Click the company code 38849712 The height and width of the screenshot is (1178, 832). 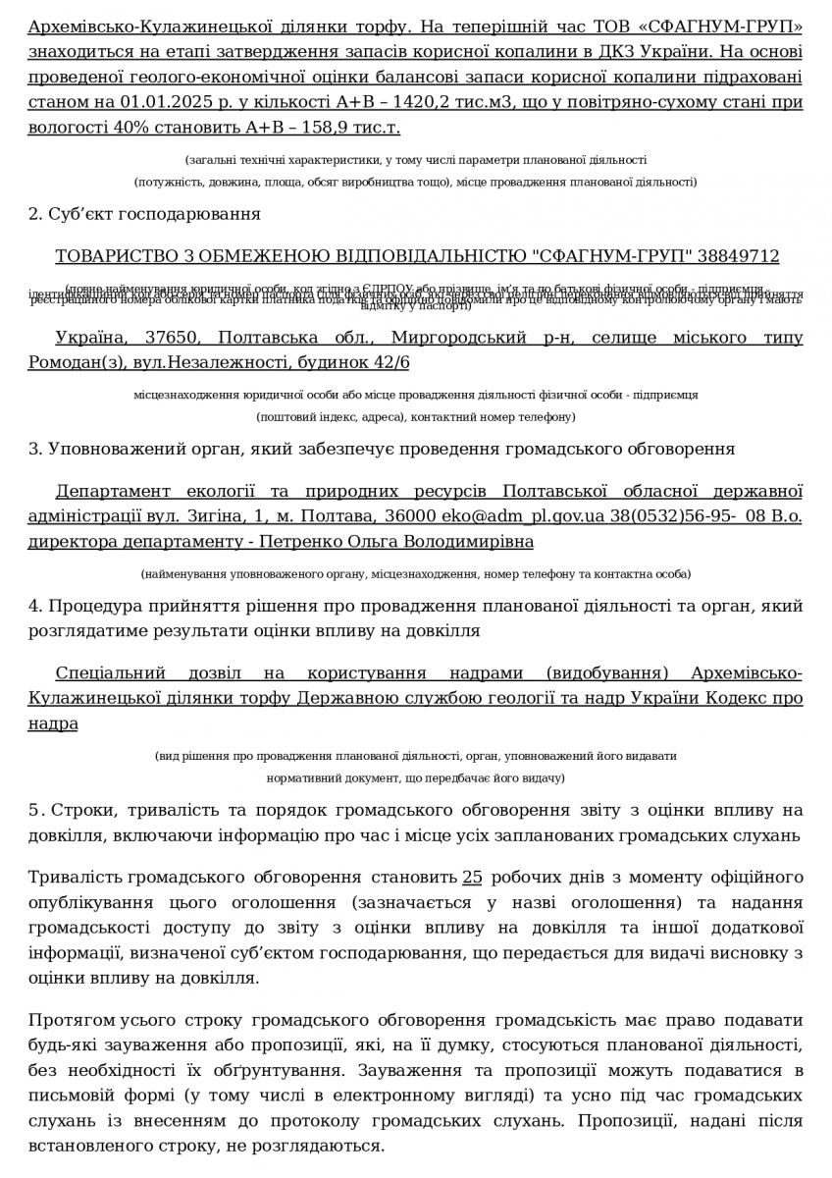point(738,256)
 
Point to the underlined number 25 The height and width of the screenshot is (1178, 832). point(471,878)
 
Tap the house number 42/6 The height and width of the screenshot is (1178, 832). point(389,363)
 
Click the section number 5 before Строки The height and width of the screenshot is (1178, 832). point(34,811)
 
